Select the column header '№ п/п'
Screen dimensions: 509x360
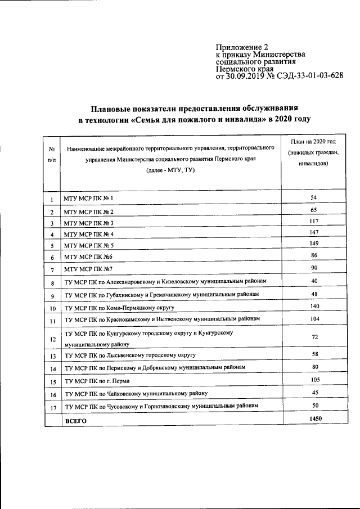click(51, 154)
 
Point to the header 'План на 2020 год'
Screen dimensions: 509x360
click(309, 143)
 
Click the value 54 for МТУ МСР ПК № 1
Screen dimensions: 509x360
click(314, 199)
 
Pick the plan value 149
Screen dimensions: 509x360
click(314, 244)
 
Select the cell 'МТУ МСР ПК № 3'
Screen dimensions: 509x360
click(89, 223)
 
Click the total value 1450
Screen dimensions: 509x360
click(314, 419)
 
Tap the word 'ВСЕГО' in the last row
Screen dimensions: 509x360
click(75, 421)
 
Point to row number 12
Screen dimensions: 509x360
click(52, 339)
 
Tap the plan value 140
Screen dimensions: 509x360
click(314, 306)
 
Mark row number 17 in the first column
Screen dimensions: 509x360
click(52, 407)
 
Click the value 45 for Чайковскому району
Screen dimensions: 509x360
click(314, 392)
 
